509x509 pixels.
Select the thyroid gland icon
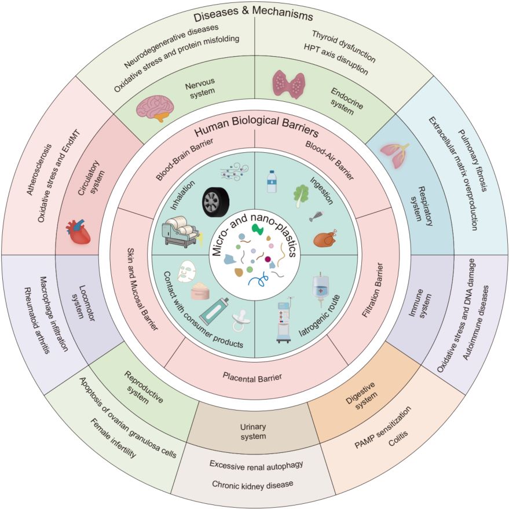(x=288, y=84)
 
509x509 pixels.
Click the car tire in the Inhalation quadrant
(x=215, y=202)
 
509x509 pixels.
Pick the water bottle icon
(x=272, y=181)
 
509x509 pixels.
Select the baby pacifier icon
(x=240, y=322)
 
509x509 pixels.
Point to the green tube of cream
(x=215, y=313)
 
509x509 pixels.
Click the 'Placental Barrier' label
(x=252, y=378)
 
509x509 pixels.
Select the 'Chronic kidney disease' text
(x=252, y=485)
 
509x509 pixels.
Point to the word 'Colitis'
(x=398, y=438)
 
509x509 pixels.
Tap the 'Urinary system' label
(x=253, y=431)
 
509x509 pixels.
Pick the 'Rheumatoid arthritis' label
(x=37, y=320)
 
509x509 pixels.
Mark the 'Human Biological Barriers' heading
(x=257, y=127)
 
